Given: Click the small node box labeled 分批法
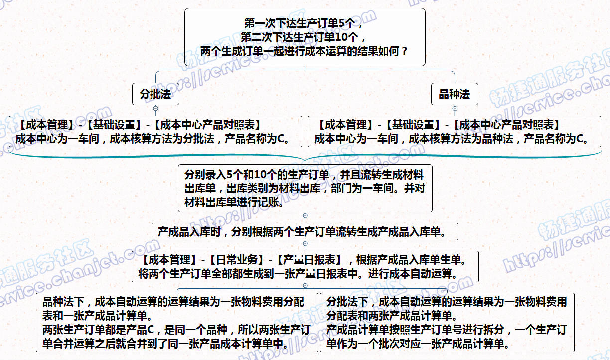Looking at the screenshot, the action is (156, 94).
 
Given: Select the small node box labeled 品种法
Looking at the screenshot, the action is (455, 94).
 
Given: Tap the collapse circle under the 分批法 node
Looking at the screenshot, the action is (156, 109).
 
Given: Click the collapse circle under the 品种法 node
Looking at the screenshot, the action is (455, 109).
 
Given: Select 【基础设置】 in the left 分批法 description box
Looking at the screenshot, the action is (114, 125).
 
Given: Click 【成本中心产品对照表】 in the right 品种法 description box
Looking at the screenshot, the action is (507, 125).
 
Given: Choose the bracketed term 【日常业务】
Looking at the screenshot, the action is (236, 260).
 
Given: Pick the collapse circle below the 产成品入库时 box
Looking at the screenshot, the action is (305, 243).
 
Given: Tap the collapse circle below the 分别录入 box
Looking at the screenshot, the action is (305, 216).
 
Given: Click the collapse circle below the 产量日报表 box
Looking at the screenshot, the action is (305, 285).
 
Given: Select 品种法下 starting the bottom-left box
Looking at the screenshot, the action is (63, 302).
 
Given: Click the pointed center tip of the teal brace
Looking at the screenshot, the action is (305, 161).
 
